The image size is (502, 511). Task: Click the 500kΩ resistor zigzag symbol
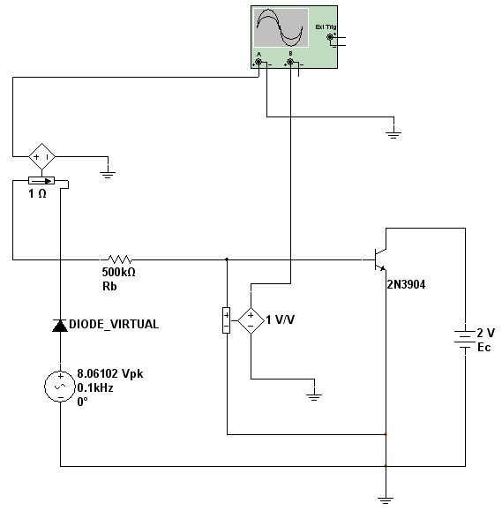coord(120,259)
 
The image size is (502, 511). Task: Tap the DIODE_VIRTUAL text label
coord(114,324)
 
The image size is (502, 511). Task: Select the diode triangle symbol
coord(60,326)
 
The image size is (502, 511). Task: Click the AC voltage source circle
coord(60,387)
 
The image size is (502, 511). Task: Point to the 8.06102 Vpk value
coord(110,373)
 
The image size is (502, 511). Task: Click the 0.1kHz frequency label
coord(95,387)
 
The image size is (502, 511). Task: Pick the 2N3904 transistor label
coord(406,284)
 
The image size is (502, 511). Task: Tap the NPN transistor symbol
coord(379,259)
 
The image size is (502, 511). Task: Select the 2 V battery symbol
coord(465,339)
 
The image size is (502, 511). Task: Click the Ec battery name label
coord(484,348)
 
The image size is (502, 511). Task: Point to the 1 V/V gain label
coord(281,319)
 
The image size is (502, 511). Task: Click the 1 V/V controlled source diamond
coord(251,321)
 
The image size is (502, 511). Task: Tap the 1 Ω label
coord(37,194)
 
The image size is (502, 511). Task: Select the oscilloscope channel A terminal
coord(258,62)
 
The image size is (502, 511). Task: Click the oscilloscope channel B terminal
coord(290,62)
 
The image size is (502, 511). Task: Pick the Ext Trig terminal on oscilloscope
coord(330,37)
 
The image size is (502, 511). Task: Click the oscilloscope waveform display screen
coord(281,27)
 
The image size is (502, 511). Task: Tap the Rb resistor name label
coord(109,286)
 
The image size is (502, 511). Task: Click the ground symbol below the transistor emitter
coord(386,500)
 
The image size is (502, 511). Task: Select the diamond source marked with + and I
coord(41,157)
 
